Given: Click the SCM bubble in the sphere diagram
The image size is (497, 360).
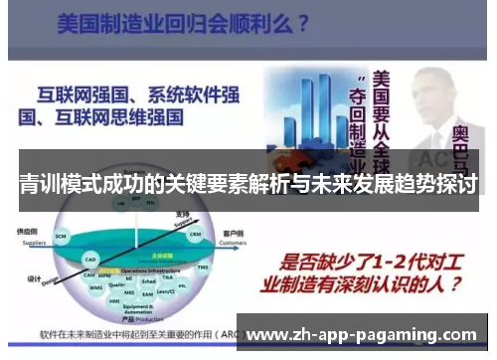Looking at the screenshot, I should (61, 236).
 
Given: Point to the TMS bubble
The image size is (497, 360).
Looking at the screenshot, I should (202, 267).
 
